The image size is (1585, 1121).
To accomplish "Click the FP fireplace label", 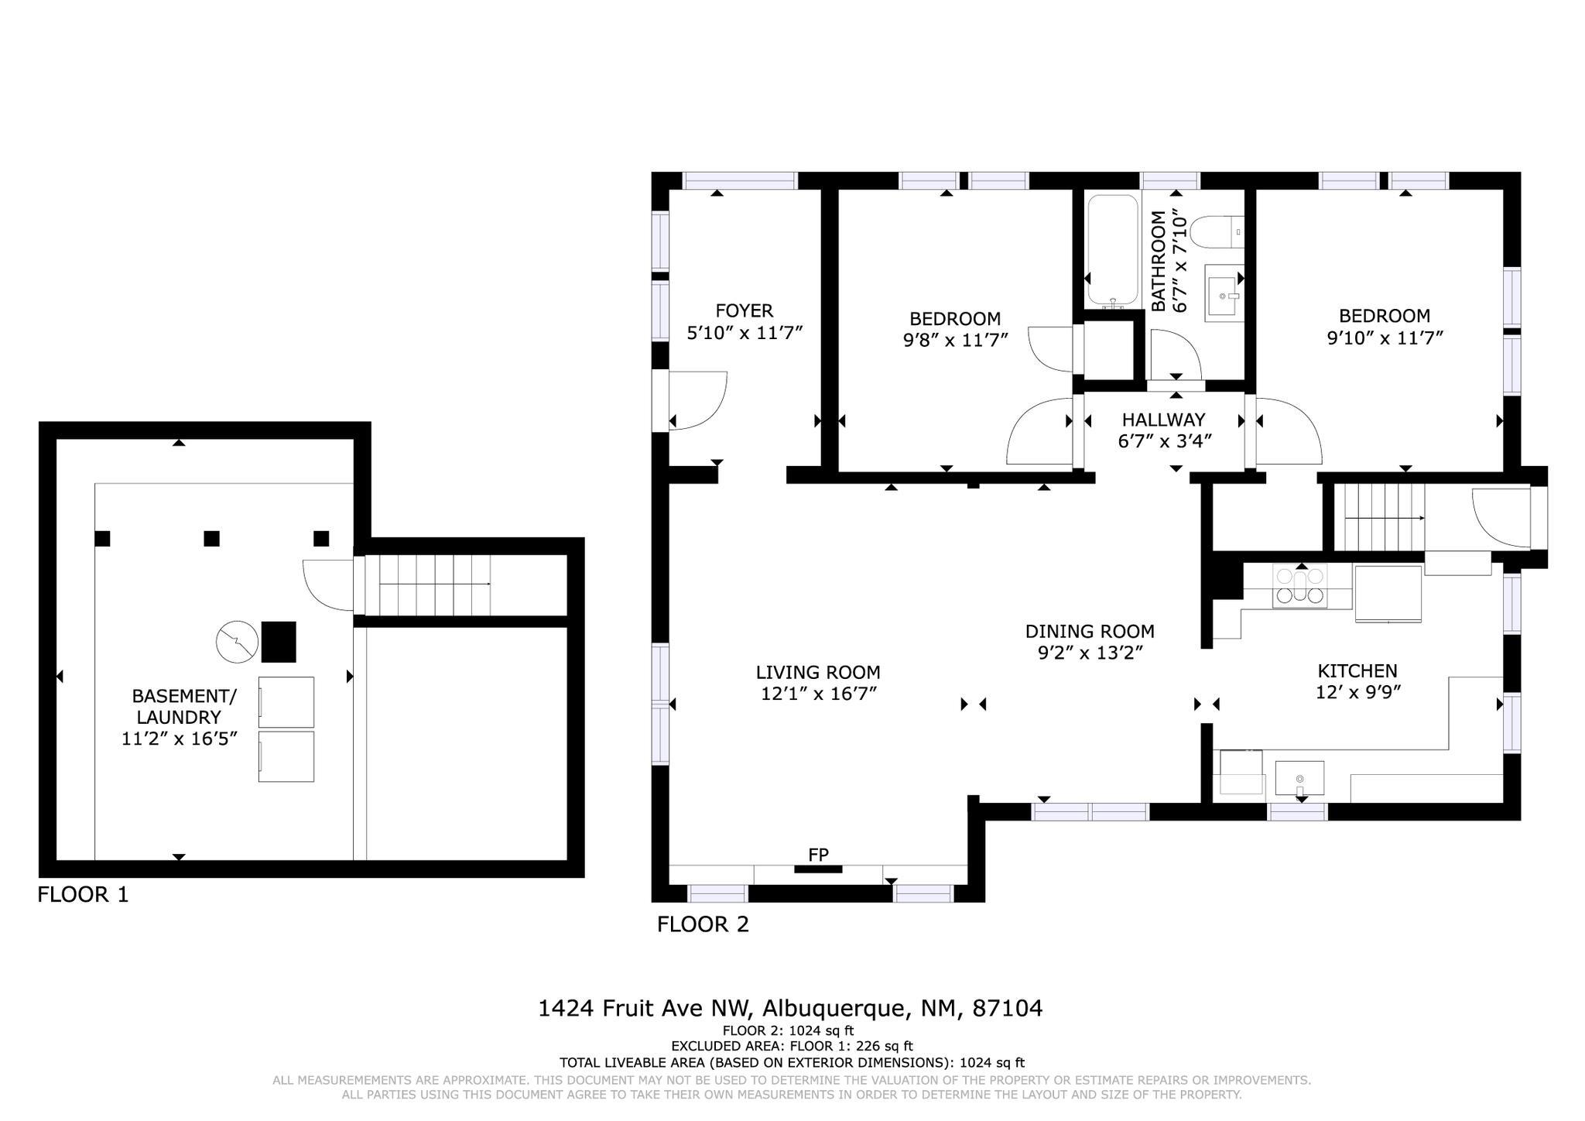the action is pos(818,855).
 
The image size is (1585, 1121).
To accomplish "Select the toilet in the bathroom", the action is pos(1216,232).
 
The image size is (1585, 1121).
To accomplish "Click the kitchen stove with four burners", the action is pos(1299,585).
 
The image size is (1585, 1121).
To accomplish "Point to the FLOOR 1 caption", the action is pos(83,895).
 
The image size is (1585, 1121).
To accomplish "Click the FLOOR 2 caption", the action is pos(703,924).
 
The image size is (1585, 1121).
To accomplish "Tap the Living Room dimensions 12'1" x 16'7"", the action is pos(818,694).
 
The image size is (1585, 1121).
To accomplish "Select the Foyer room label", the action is pos(744,310).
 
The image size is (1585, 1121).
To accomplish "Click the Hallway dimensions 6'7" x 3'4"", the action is pos(1164,441).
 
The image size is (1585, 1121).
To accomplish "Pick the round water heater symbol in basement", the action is pos(237,642).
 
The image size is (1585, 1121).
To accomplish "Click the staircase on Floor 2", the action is pos(1384,518).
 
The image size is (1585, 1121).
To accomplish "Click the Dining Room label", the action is pos(1090,632).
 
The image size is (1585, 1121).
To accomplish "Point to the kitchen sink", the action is pos(1299,779).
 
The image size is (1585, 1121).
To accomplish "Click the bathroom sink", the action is pos(1224,292).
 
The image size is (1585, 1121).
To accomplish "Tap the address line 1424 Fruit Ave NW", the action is pos(645,1009).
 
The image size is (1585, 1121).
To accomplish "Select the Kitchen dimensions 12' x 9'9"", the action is pos(1358,692).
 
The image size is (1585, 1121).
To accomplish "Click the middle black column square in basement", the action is pos(211,539).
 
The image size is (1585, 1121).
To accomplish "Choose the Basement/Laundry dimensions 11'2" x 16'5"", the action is pos(179,739).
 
